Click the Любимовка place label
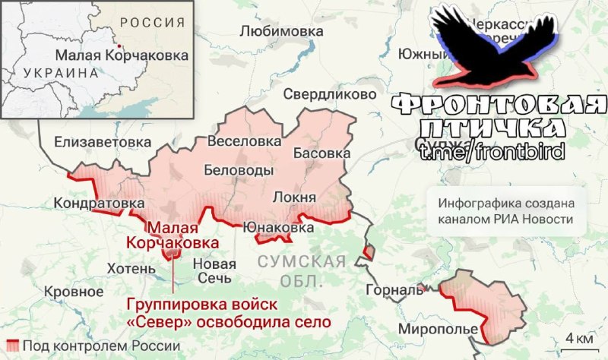(x=281, y=31)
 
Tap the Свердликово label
(x=329, y=94)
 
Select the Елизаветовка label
(x=92, y=142)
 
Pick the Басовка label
(x=321, y=153)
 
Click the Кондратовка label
(x=99, y=204)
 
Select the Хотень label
(x=131, y=268)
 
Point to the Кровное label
(x=74, y=291)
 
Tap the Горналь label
(x=393, y=289)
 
